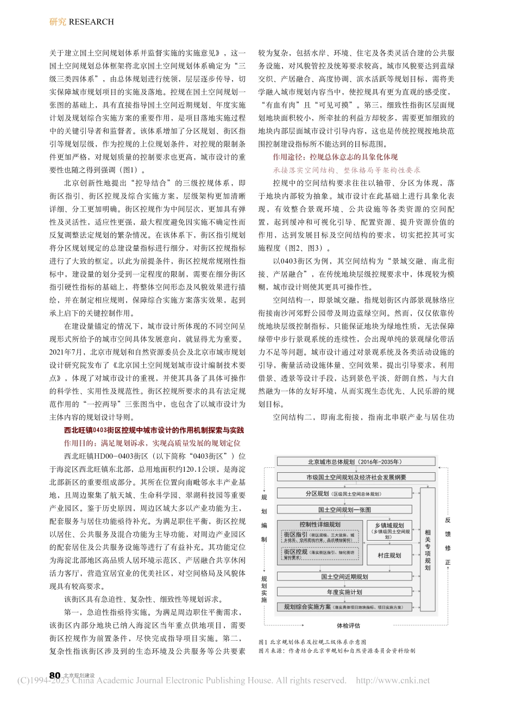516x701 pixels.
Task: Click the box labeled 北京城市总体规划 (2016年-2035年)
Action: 355,461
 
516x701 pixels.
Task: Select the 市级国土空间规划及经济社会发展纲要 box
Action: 355,477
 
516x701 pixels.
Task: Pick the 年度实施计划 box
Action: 344,592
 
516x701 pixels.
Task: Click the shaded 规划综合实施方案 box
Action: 344,606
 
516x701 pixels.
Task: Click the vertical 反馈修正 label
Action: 448,541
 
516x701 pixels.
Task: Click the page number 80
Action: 54,674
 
